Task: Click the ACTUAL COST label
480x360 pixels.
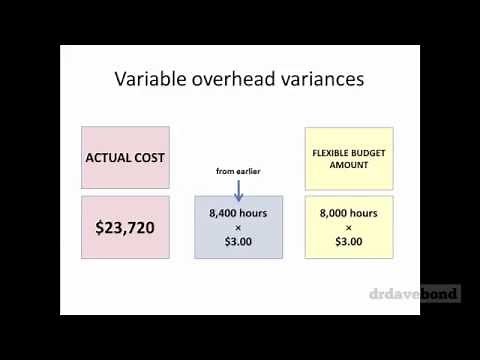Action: (x=125, y=158)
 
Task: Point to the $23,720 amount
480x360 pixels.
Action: (x=125, y=227)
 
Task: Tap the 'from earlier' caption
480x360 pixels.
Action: (x=238, y=171)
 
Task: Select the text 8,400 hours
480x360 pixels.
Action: (x=238, y=213)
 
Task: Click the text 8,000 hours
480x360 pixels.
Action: (x=349, y=213)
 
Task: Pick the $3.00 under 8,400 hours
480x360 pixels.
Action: (x=238, y=241)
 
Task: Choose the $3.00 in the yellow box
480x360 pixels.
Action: (x=349, y=241)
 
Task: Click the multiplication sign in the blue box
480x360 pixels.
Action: (x=238, y=227)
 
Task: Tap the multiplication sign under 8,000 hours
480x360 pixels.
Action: (x=349, y=227)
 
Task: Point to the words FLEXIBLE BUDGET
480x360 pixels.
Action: (x=349, y=152)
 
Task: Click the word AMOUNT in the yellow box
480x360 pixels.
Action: (x=349, y=165)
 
